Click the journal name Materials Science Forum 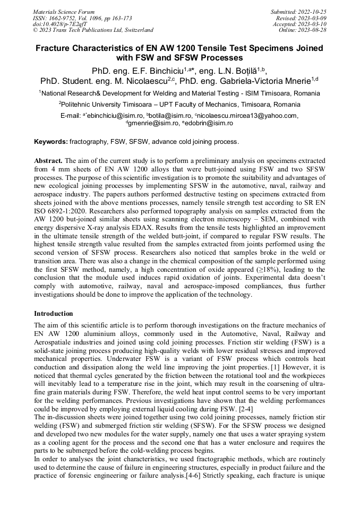[64, 11]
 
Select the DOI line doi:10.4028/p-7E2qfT [61, 24]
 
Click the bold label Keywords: [51, 142]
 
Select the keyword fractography [87, 142]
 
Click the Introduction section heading [54, 314]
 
